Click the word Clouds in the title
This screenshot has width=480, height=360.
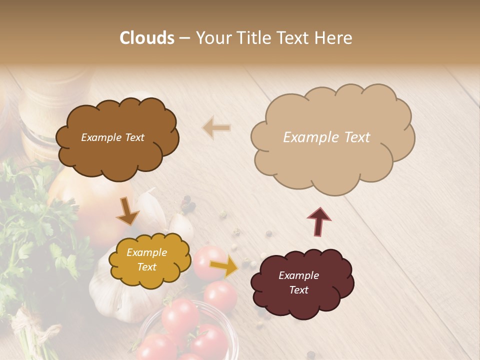pyautogui.click(x=147, y=38)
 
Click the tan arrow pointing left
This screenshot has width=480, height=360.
pyautogui.click(x=216, y=128)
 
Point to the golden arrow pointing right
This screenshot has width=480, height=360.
pyautogui.click(x=223, y=267)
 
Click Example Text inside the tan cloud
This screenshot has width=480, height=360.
pyautogui.click(x=326, y=137)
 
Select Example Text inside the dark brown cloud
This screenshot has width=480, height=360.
pyautogui.click(x=112, y=137)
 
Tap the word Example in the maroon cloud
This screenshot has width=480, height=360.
pyautogui.click(x=298, y=275)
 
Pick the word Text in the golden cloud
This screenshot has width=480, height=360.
pyautogui.click(x=147, y=267)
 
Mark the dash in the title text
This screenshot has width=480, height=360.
pyautogui.click(x=184, y=38)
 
